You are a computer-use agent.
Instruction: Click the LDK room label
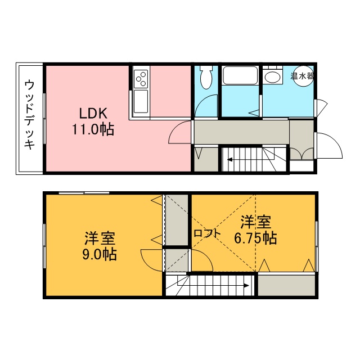pos(93,113)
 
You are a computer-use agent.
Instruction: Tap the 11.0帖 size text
pos(93,129)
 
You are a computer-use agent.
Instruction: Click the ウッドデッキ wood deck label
pos(30,114)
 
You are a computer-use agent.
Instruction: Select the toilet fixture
pos(206,76)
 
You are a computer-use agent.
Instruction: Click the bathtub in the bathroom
pos(240,75)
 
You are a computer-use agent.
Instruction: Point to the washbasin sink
pos(272,77)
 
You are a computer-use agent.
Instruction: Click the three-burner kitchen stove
pos(141,79)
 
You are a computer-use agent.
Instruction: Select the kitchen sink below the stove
pos(141,101)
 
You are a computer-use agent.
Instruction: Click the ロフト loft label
pos(207,234)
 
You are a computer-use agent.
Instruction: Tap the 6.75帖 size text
pos(255,238)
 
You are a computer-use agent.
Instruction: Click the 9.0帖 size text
pos(100,254)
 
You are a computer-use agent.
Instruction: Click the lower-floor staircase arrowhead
pos(229,159)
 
